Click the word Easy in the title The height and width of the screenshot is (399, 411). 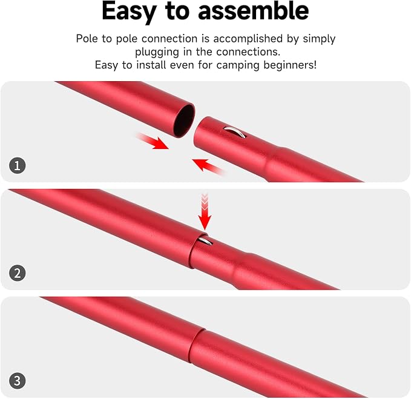pos(129,12)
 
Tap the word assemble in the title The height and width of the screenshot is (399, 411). pos(253,11)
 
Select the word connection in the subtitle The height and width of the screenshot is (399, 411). pos(169,39)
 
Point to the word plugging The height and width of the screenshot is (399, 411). pos(157,53)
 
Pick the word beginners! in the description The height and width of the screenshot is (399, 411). pos(290,65)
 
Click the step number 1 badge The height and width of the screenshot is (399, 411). pos(18,165)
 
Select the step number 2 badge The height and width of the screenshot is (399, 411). pos(18,273)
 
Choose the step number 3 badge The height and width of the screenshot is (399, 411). pos(18,381)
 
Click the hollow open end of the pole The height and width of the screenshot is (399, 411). pos(185,120)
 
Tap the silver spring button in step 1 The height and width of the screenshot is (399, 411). pos(235,131)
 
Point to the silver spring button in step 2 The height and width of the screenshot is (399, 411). pos(205,240)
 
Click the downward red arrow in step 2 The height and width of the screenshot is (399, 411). pos(205,212)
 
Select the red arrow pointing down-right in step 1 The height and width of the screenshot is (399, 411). pos(153,141)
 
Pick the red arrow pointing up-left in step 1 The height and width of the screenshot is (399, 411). pos(208,167)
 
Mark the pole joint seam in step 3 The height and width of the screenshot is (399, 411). pos(197,346)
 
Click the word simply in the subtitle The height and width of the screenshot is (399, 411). pos(319,39)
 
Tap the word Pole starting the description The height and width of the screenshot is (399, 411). pos(87,39)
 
